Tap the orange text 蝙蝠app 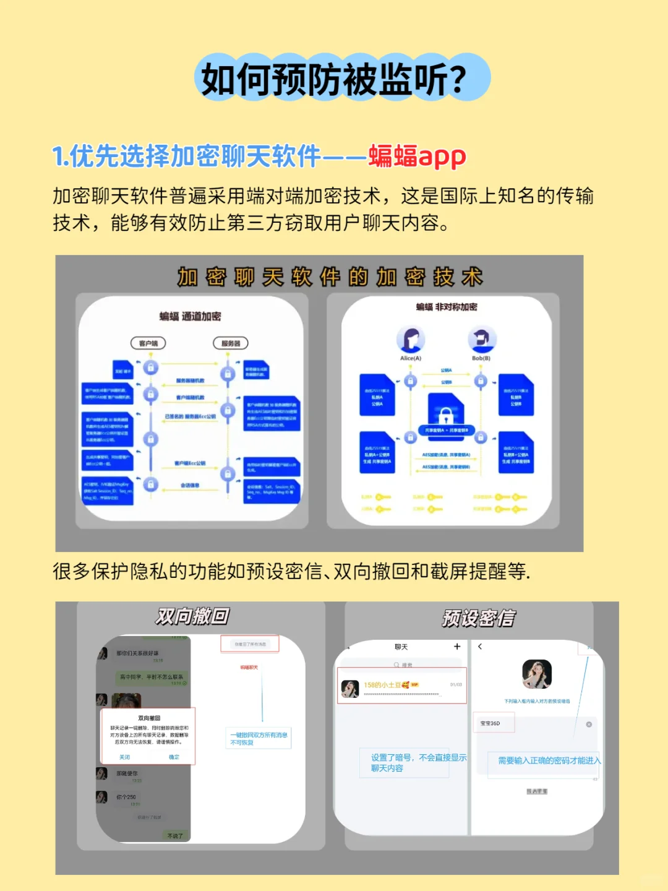(x=417, y=157)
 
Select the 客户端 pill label (x=148, y=343)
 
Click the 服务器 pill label (x=231, y=343)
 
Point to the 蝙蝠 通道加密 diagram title (x=190, y=317)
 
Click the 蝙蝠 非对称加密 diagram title (x=447, y=307)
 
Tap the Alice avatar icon (x=411, y=339)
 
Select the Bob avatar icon (x=481, y=339)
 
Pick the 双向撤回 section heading (x=192, y=616)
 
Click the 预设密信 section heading (x=478, y=618)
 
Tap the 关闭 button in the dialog (x=125, y=757)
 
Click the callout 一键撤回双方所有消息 (x=259, y=739)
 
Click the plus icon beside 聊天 (x=457, y=647)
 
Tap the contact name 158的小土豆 (x=382, y=685)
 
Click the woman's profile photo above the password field (x=537, y=674)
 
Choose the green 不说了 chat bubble (x=175, y=835)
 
